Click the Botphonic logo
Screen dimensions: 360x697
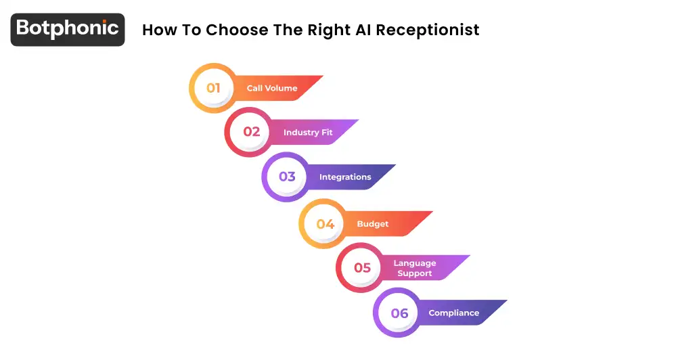[68, 29]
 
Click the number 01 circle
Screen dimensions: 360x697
[214, 88]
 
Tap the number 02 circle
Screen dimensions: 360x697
[251, 132]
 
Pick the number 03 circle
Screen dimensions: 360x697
[288, 177]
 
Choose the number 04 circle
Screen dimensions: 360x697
[325, 224]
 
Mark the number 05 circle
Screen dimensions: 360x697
[362, 268]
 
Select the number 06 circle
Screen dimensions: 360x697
[399, 313]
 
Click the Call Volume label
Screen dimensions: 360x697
[272, 88]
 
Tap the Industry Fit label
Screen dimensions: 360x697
[308, 133]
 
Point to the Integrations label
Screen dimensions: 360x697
[345, 177]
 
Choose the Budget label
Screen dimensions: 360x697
[373, 224]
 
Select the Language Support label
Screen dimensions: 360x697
[415, 268]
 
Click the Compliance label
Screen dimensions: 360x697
[453, 313]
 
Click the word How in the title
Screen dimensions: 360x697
[157, 30]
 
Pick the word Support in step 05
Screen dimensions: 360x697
[415, 273]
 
